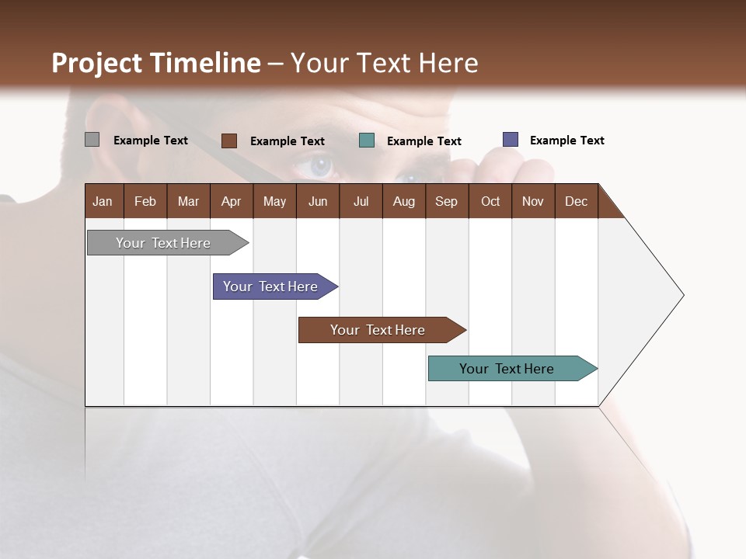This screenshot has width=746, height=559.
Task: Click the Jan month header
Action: point(103,201)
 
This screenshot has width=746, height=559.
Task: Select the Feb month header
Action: point(145,201)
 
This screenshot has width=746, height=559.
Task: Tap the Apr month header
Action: point(231,201)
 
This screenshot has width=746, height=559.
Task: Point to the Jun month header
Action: point(318,201)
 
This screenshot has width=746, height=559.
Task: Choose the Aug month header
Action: point(403,201)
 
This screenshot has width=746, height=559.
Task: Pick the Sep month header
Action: point(446,201)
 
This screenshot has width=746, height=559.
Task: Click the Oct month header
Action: point(490,201)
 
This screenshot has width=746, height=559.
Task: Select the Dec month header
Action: point(576,201)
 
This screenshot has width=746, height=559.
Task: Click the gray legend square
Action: point(92,140)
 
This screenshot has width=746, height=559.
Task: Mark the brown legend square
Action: point(228,141)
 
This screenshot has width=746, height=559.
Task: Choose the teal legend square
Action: point(367,141)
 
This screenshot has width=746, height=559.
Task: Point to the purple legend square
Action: point(511,140)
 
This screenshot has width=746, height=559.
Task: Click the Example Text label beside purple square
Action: point(566,141)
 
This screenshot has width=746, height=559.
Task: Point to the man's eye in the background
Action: point(320,165)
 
